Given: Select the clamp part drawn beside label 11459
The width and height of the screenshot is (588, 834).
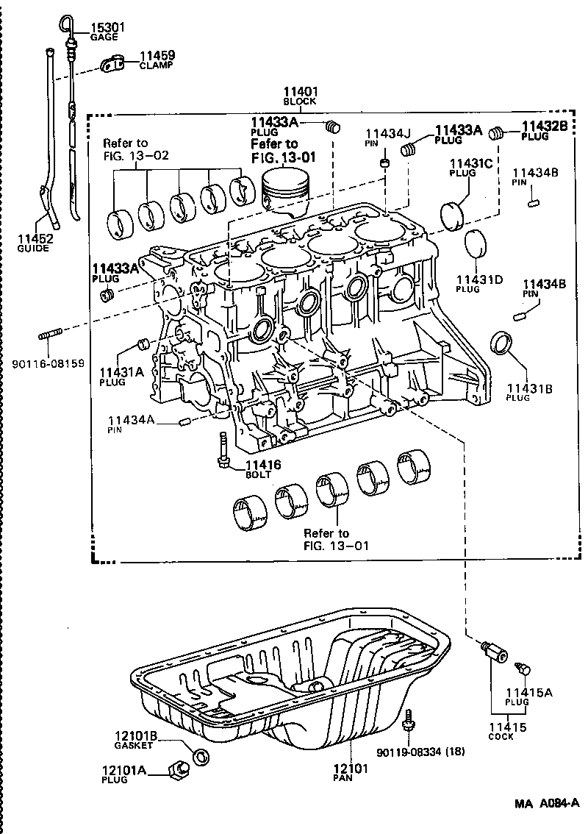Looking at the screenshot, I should click(x=111, y=65).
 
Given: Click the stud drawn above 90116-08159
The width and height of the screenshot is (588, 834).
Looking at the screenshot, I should click(x=51, y=337).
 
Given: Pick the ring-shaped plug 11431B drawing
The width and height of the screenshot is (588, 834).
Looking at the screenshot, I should click(x=502, y=342).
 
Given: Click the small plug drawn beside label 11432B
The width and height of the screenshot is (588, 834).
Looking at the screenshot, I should click(x=498, y=134).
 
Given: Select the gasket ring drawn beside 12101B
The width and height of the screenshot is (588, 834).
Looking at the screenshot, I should click(x=198, y=755).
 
